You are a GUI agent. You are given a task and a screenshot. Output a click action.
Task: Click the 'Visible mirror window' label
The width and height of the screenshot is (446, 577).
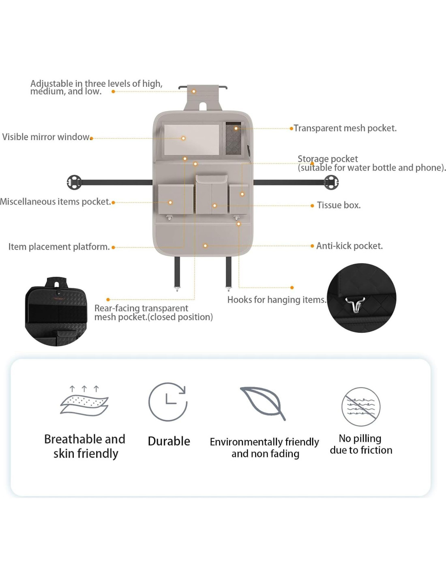[x=46, y=137]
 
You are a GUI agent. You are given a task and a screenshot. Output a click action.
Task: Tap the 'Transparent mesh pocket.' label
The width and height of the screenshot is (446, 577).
[x=345, y=128]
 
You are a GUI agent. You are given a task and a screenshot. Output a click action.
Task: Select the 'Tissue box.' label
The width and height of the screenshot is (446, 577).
[x=339, y=205]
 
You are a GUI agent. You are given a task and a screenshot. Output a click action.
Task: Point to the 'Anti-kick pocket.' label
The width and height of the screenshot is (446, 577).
[x=349, y=246]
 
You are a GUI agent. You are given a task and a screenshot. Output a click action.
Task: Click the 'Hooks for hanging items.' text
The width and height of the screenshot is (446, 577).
[x=277, y=300]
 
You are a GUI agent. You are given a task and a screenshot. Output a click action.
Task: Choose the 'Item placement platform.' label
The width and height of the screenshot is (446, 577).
[x=59, y=247]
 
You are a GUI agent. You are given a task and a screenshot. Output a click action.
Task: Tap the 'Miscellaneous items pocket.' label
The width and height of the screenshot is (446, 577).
[x=55, y=202]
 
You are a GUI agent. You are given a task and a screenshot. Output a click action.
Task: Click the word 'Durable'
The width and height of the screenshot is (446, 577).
[x=169, y=441]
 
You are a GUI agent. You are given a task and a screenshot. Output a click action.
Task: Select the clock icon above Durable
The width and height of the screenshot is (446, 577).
[x=168, y=402]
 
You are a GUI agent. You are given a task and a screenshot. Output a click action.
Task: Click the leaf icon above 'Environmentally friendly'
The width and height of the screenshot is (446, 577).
[x=264, y=403]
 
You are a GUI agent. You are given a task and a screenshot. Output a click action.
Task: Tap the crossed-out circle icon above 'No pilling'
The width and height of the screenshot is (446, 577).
[x=361, y=407]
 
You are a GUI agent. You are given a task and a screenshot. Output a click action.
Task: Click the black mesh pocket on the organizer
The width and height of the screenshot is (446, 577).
[x=233, y=138]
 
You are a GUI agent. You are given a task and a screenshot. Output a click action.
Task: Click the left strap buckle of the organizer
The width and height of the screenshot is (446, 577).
[x=74, y=183]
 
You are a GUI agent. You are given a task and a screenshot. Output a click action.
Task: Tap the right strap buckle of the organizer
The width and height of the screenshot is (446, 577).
[x=331, y=183]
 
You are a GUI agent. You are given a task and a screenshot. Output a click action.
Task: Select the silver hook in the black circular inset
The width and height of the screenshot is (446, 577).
[x=355, y=304]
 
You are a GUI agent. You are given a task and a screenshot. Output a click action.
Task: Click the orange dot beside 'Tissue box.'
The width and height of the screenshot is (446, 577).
[x=312, y=206]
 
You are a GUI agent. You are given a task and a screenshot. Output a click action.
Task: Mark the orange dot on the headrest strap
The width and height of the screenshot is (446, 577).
[x=194, y=92]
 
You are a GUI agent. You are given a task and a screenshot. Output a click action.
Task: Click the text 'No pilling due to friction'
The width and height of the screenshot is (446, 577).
[x=361, y=444]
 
